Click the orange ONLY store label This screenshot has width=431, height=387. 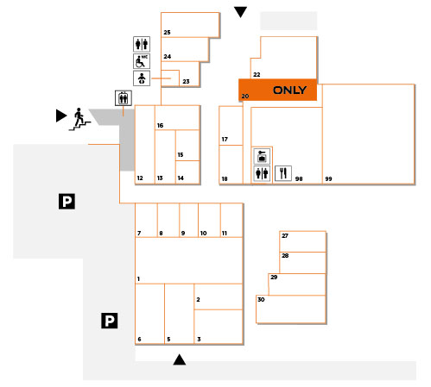[x=289, y=91]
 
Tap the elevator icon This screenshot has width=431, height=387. [x=124, y=98]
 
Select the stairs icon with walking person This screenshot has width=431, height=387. [x=79, y=119]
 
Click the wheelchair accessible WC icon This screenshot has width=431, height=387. [x=142, y=61]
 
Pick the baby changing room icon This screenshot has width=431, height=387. [x=142, y=78]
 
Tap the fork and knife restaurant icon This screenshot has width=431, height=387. [x=283, y=173]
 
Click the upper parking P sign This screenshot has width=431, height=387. [x=67, y=201]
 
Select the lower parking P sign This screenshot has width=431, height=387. [x=110, y=321]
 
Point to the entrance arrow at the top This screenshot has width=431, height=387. [x=240, y=12]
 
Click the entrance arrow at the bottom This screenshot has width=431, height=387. [x=180, y=359]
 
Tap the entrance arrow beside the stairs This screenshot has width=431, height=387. [x=61, y=115]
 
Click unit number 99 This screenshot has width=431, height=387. [x=328, y=179]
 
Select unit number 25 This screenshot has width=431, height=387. [x=167, y=33]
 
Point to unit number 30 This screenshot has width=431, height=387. [x=261, y=300]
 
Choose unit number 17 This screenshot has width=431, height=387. [x=225, y=140]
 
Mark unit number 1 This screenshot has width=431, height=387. [x=138, y=279]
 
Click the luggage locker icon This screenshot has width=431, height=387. [x=262, y=156]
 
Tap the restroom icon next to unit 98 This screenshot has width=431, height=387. [x=262, y=173]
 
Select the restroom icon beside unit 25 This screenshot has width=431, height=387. [x=142, y=44]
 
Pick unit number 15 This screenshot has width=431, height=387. [x=181, y=155]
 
